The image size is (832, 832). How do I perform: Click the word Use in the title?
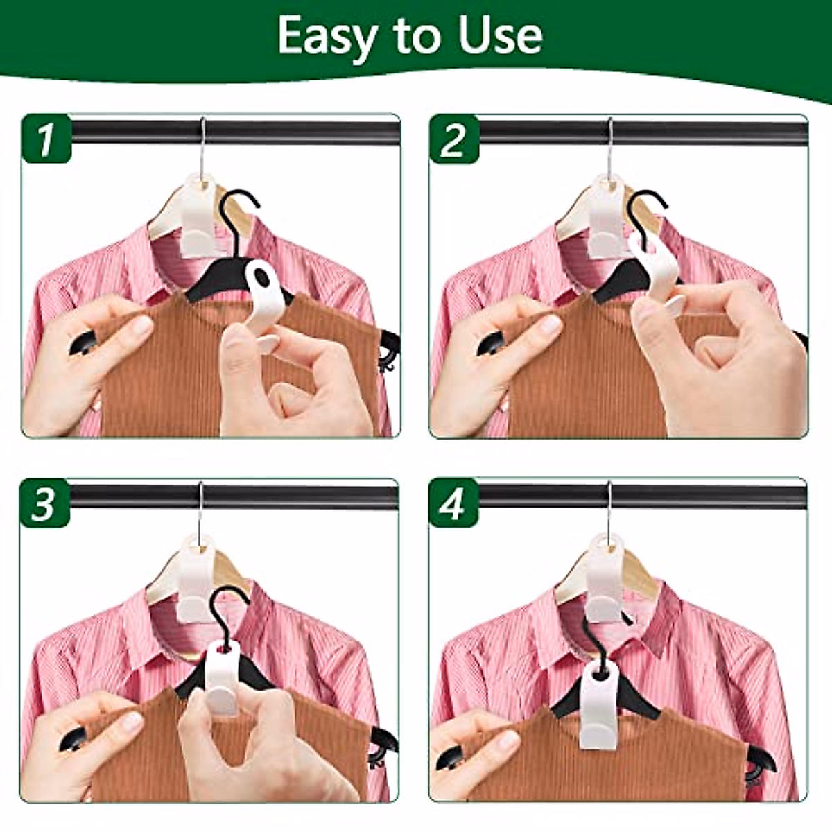point(503,36)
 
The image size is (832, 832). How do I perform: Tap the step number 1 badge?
point(46,139)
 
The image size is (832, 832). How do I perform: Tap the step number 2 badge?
point(453,139)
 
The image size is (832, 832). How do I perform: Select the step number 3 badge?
point(44,504)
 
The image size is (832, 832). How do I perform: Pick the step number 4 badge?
point(453,504)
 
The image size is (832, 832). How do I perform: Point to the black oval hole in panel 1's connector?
point(261,278)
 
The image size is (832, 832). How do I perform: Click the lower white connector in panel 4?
point(595,707)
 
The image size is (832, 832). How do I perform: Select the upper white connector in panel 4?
point(605,575)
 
